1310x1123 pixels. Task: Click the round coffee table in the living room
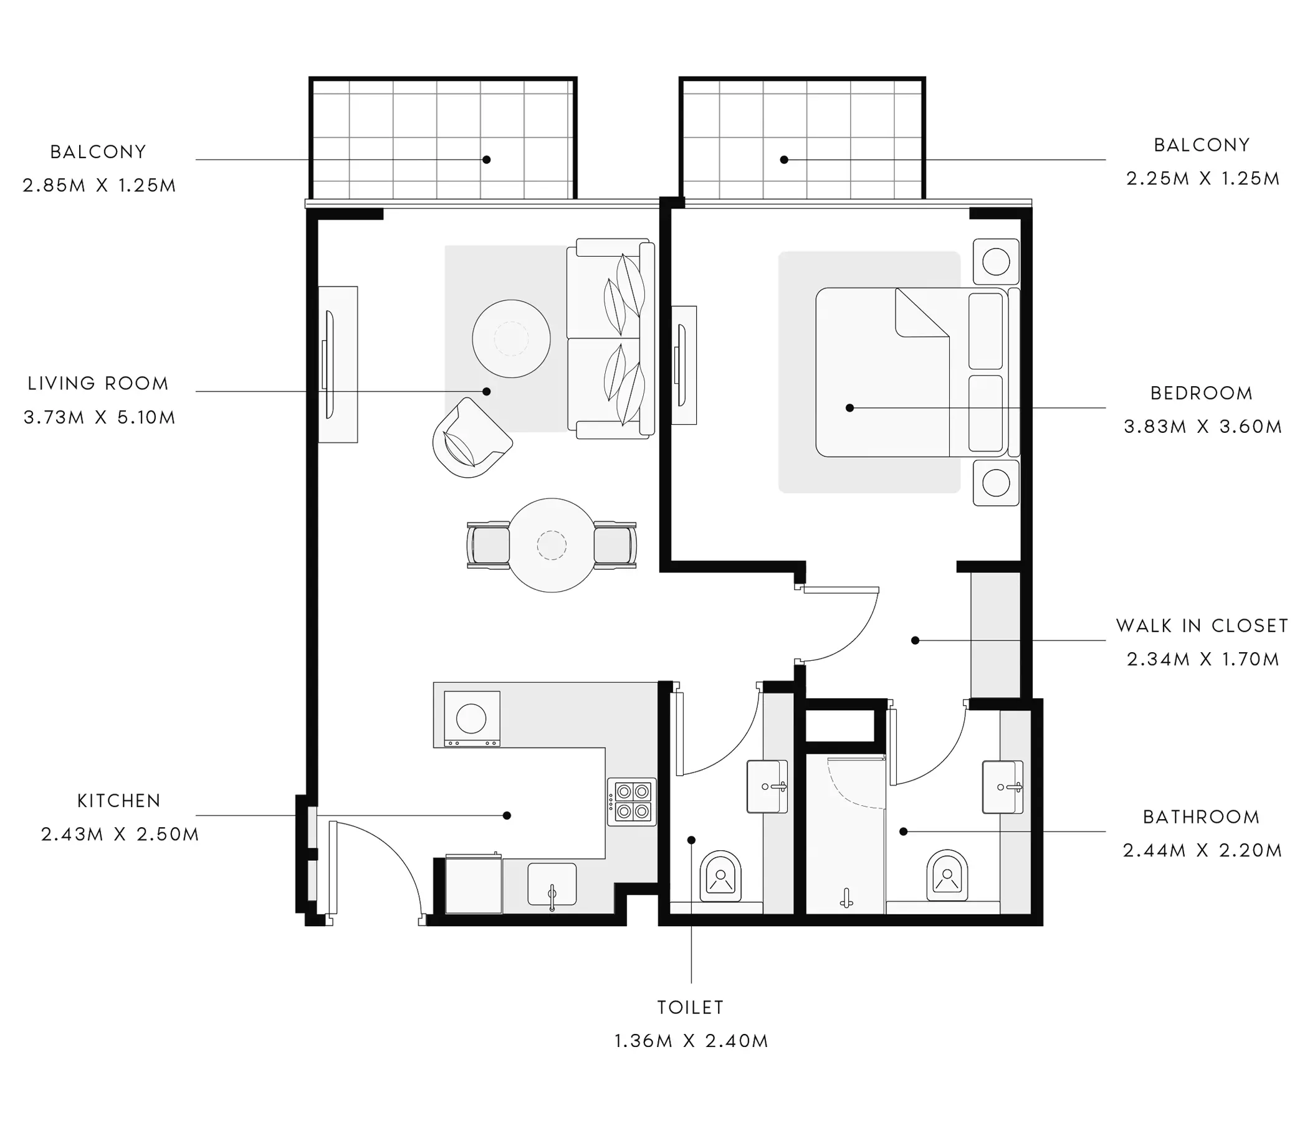tap(511, 339)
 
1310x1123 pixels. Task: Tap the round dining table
tap(552, 545)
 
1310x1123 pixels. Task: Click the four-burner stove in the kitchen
tap(631, 802)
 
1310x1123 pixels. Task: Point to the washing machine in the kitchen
tap(472, 719)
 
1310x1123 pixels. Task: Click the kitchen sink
tap(552, 884)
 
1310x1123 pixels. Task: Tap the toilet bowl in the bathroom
tap(947, 876)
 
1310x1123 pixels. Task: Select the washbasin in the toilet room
tap(767, 786)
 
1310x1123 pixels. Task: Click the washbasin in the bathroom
tap(1002, 787)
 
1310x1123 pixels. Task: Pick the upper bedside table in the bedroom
tap(996, 262)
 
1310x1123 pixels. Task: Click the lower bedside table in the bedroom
tap(996, 483)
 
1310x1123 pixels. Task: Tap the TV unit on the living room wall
tap(338, 364)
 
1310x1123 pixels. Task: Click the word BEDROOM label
tap(1202, 393)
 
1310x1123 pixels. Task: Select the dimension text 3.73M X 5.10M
tap(99, 417)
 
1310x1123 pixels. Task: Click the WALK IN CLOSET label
tap(1202, 625)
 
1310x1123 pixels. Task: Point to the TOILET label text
tap(691, 1007)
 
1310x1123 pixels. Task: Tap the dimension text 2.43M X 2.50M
tap(120, 834)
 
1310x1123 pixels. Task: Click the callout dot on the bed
tap(849, 408)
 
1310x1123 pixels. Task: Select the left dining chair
tap(488, 545)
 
